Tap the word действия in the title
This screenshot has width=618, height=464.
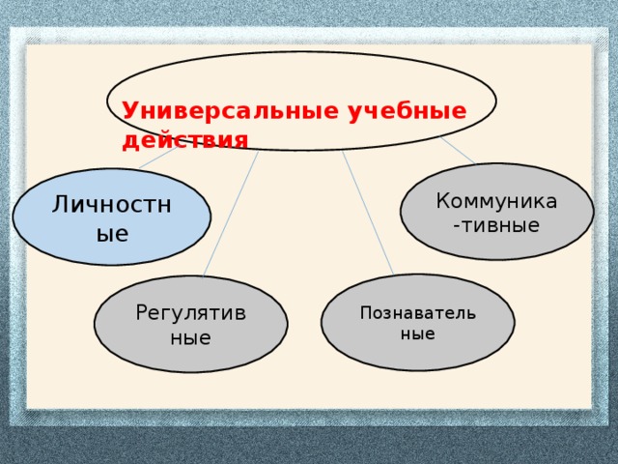point(184,139)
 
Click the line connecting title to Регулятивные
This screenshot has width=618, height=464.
point(232,213)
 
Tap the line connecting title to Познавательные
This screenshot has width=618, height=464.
point(367,213)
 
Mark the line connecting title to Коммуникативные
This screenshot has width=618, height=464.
point(458,150)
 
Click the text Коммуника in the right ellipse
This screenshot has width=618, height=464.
point(496,201)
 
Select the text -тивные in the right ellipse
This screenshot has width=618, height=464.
point(496,225)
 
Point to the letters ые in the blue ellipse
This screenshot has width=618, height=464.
point(112,233)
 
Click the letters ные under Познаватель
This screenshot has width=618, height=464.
point(417,333)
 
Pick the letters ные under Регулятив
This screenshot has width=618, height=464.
point(190,337)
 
